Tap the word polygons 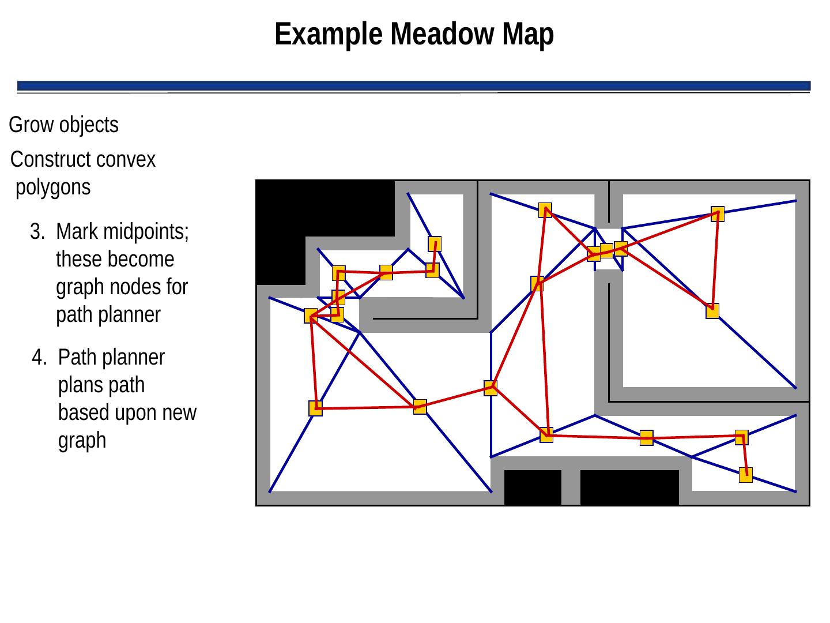click(53, 188)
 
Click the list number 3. click(37, 232)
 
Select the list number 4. click(39, 358)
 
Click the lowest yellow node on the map click(746, 475)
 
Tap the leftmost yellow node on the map click(311, 316)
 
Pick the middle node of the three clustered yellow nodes click(606, 250)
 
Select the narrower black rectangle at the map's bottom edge click(533, 487)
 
